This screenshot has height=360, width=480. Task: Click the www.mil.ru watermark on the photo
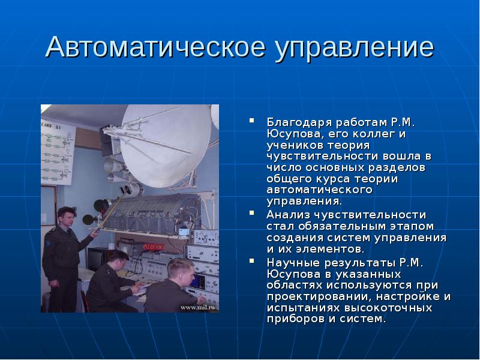(x=199, y=307)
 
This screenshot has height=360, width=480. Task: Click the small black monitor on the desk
(x=95, y=257)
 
